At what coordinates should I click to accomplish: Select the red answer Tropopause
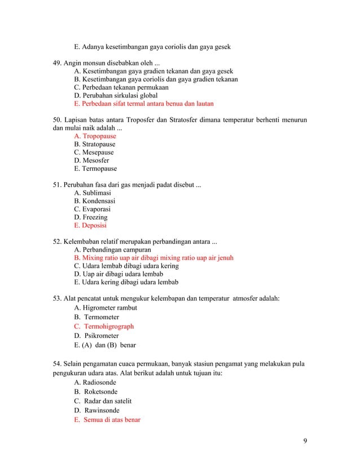(x=99, y=137)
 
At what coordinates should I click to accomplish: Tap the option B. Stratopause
(x=95, y=144)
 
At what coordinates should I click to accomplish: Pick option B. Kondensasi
(x=95, y=201)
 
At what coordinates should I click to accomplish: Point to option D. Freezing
(x=91, y=217)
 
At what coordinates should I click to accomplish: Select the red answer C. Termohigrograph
(x=104, y=327)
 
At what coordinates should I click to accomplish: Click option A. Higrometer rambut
(x=106, y=308)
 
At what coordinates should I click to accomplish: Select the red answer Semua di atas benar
(x=112, y=420)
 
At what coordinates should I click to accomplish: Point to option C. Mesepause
(x=94, y=152)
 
